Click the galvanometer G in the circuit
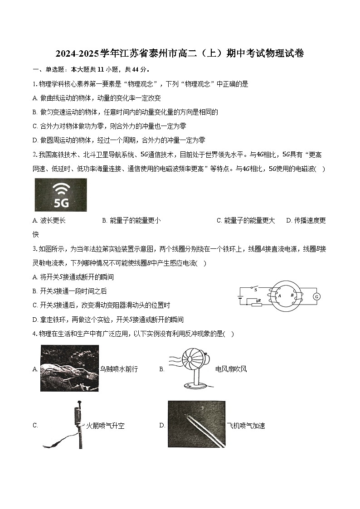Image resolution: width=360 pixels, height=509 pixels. coord(317,296)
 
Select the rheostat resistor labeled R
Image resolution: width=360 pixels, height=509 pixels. coord(258,305)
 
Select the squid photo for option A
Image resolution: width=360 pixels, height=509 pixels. coord(69,368)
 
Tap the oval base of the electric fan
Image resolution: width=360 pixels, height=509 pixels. coord(196,386)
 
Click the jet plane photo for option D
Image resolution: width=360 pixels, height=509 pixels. coord(196,424)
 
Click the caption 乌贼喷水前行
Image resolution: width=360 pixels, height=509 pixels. coord(119,369)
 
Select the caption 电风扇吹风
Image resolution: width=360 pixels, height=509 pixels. coord(231,369)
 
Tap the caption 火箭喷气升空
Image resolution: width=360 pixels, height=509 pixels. coord(105,426)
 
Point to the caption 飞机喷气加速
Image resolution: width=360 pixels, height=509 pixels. coord(246,426)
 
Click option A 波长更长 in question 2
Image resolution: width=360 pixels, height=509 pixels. coord(49,220)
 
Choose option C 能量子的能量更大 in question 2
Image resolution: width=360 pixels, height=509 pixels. coord(246,220)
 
